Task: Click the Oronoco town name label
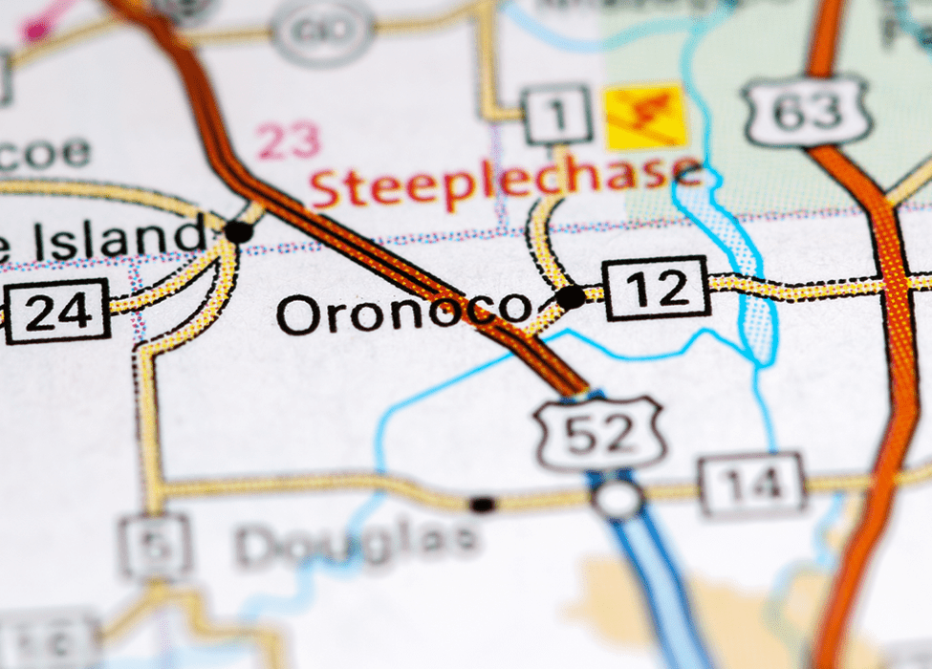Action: point(401,313)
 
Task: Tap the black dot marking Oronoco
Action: point(571,297)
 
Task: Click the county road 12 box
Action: point(658,288)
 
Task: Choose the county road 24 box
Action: point(56,312)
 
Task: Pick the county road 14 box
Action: point(751,485)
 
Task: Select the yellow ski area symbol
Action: point(647,116)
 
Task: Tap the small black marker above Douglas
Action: point(484,504)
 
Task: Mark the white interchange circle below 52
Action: point(618,498)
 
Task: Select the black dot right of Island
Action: point(238,231)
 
